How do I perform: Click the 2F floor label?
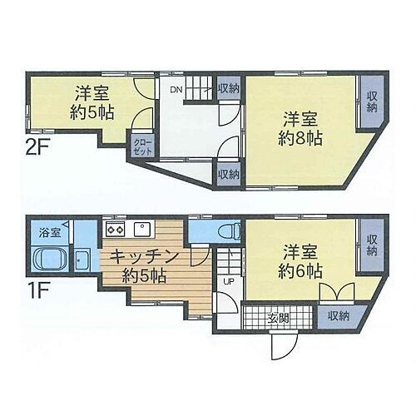(x=35, y=151)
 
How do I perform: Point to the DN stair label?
(x=176, y=90)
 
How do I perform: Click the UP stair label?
(x=227, y=281)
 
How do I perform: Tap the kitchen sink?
(x=141, y=228)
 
